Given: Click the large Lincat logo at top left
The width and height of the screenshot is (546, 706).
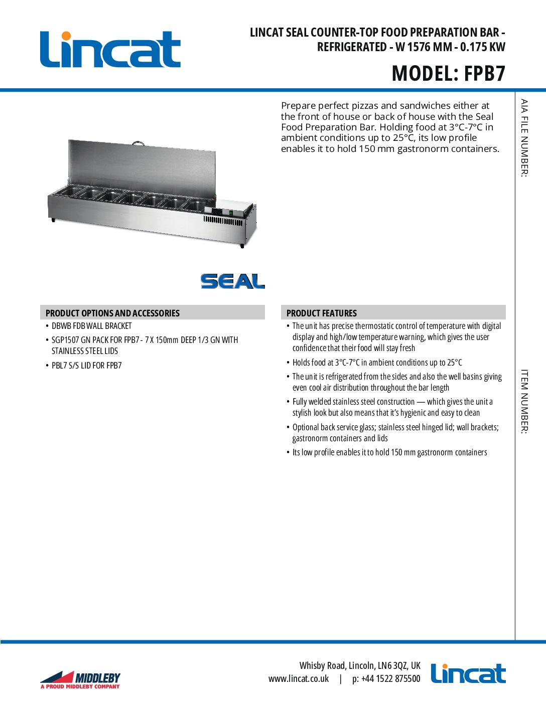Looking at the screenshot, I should (x=110, y=50).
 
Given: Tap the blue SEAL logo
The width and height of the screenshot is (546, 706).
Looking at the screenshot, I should (x=232, y=281).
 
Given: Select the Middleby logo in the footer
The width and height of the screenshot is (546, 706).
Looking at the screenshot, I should (x=80, y=680).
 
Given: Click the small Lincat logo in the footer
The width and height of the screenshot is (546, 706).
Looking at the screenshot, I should (x=468, y=673).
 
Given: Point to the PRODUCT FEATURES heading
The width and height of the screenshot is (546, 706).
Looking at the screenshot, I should (x=322, y=313).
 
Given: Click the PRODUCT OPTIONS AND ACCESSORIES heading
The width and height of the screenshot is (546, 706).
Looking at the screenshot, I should (x=112, y=313).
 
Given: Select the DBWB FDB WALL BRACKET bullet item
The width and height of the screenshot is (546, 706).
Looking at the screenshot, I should (x=91, y=326).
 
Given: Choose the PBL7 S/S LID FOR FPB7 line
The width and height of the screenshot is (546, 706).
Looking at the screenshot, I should (x=86, y=366).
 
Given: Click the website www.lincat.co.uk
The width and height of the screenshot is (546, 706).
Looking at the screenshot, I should (x=299, y=679).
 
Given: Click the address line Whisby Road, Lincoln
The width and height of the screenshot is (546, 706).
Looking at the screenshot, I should (x=360, y=665).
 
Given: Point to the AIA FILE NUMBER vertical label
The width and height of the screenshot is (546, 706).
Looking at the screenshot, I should (x=524, y=138).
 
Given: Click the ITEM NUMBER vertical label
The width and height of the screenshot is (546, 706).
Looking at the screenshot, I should (x=524, y=402).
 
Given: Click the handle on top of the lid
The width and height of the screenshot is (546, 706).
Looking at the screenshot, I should (x=138, y=143).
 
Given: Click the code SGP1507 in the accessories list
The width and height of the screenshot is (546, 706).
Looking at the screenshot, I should (x=65, y=340).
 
